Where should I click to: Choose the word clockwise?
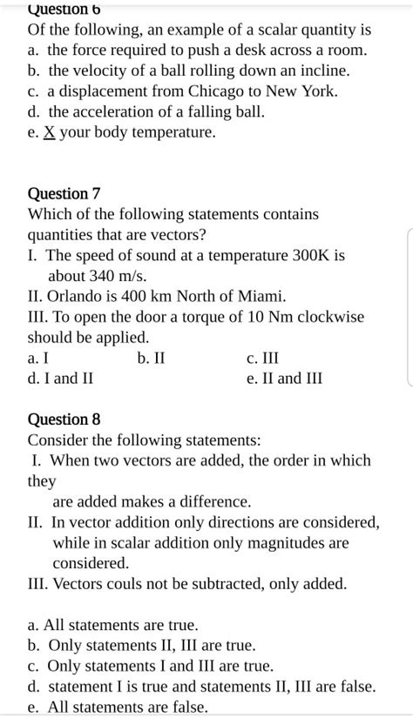[x=329, y=316]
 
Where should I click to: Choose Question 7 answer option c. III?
[x=263, y=358]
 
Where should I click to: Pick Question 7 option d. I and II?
[x=60, y=378]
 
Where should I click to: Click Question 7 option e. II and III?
[x=284, y=378]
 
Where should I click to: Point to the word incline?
[x=322, y=70]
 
